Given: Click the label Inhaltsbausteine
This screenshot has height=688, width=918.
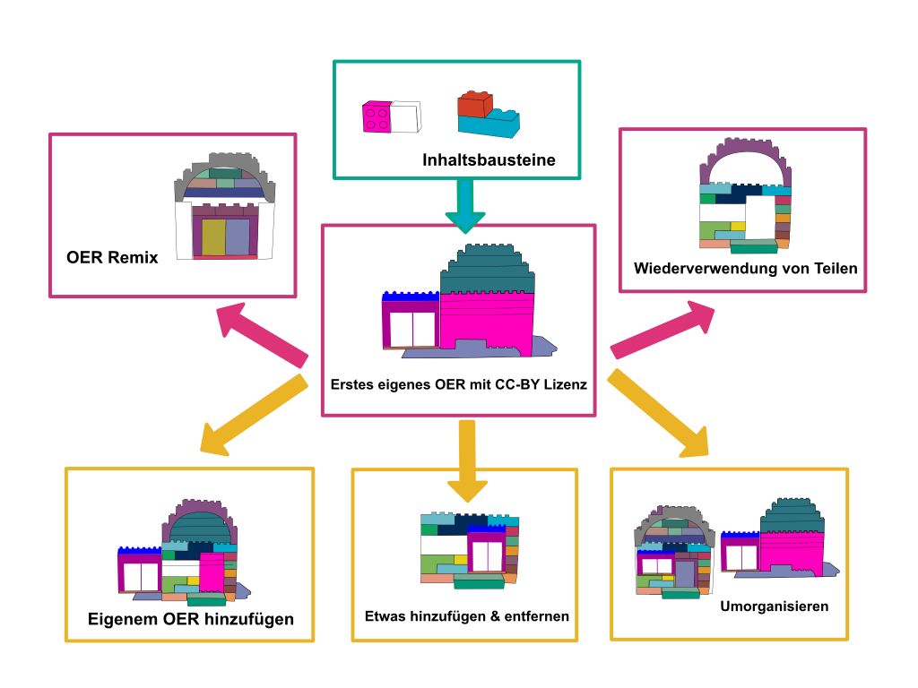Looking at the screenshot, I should pos(489,161).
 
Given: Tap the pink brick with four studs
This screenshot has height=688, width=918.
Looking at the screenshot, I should pos(377,117).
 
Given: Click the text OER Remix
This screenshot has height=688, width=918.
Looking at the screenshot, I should pos(112,258).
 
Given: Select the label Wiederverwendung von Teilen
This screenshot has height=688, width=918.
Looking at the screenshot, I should pos(745,268).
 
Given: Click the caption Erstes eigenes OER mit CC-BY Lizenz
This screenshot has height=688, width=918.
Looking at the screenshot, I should pos(458,385).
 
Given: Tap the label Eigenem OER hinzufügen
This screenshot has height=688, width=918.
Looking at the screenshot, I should pos(190,619).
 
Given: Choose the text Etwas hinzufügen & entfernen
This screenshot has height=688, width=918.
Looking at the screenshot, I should pos(467,616).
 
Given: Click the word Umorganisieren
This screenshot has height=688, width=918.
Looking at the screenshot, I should pos(774,606).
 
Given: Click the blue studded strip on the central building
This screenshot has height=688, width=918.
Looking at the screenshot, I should pos(410,296).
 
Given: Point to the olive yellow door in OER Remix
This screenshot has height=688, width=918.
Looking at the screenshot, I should pos(213,237).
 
